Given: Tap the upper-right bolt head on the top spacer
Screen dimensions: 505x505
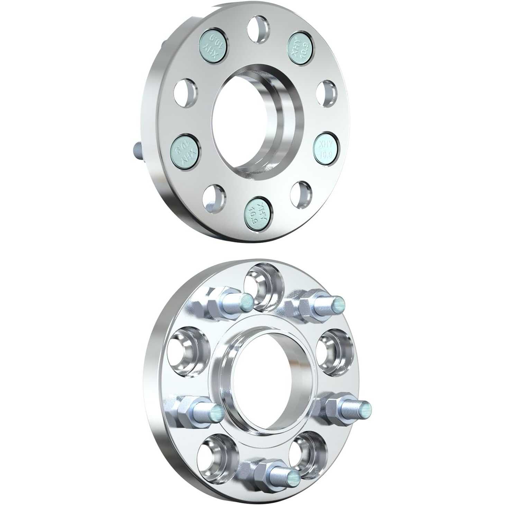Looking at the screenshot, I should click(300, 48).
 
